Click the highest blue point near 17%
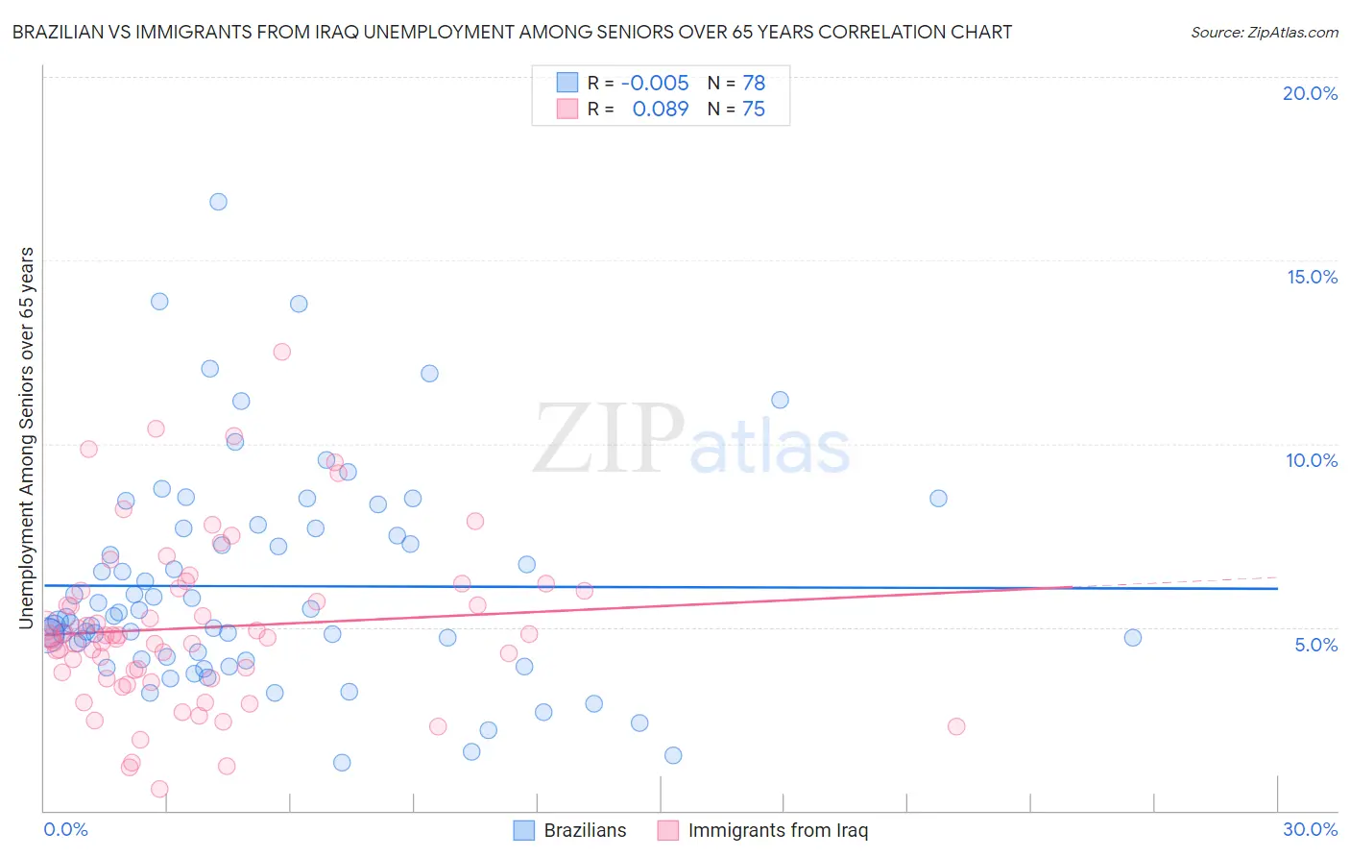pyautogui.click(x=218, y=202)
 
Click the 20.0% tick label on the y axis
pyautogui.click(x=1310, y=93)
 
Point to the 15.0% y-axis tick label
pyautogui.click(x=1312, y=277)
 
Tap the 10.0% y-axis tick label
pyautogui.click(x=1312, y=460)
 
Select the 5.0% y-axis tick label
pyautogui.click(x=1315, y=645)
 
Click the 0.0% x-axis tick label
pyautogui.click(x=65, y=829)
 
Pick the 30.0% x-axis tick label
pyautogui.click(x=1310, y=829)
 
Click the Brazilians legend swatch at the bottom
pyautogui.click(x=523, y=830)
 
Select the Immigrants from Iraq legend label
pyautogui.click(x=778, y=830)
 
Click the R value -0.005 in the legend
pyautogui.click(x=655, y=84)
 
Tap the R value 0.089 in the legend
pyautogui.click(x=661, y=110)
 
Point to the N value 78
pyautogui.click(x=754, y=84)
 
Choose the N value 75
pyautogui.click(x=754, y=110)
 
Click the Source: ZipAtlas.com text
pyautogui.click(x=1264, y=33)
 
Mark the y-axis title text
pyautogui.click(x=27, y=438)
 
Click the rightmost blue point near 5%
pyautogui.click(x=1133, y=638)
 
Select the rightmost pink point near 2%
pyautogui.click(x=955, y=726)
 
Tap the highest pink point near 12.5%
pyautogui.click(x=281, y=352)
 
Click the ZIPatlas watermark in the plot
pyautogui.click(x=691, y=439)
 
